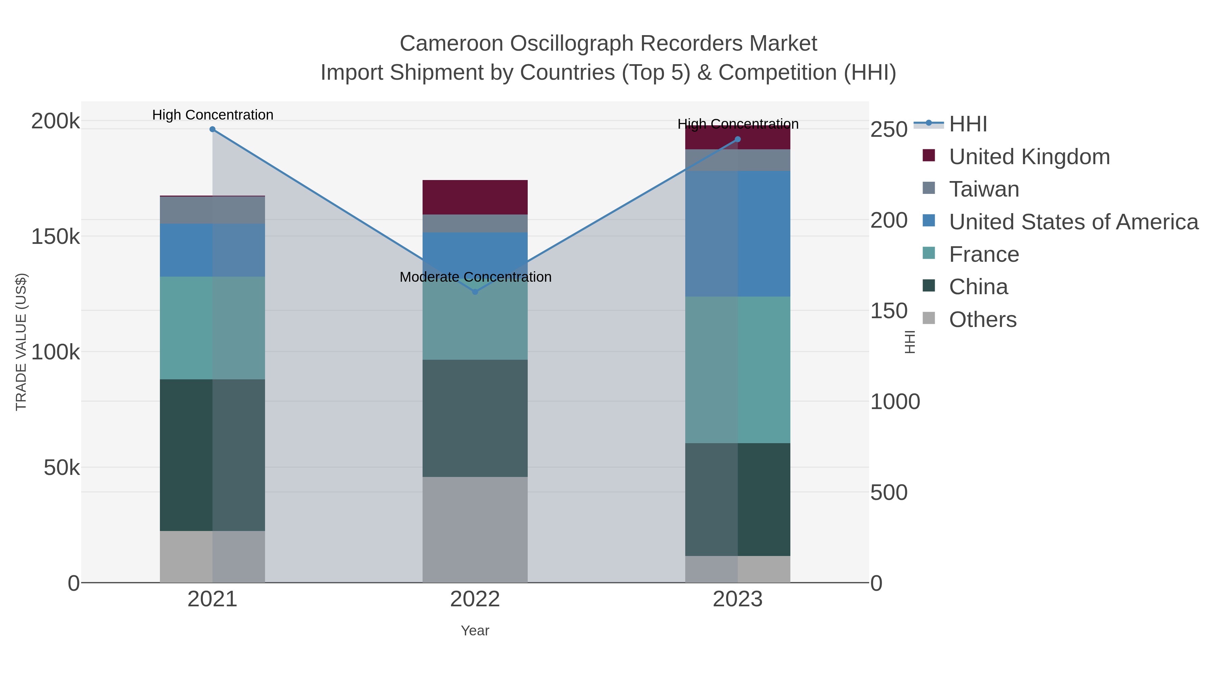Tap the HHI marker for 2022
point(475,292)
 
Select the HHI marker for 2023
point(738,139)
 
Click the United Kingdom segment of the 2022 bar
point(475,197)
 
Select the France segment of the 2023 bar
point(738,370)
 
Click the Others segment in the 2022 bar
point(475,529)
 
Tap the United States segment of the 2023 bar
point(738,234)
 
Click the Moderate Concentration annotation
point(475,277)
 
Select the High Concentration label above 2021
point(213,115)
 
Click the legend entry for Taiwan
point(984,189)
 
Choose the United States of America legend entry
point(1073,222)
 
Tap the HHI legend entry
point(968,124)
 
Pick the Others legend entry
point(983,320)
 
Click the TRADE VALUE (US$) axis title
point(21,342)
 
